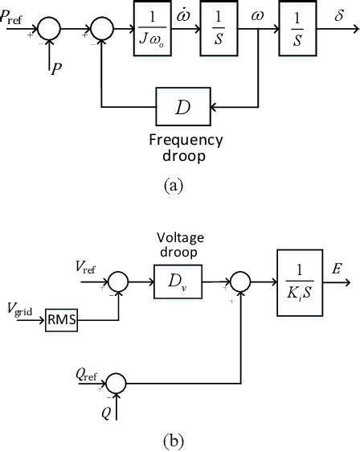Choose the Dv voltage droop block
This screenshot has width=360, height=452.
point(174,284)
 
